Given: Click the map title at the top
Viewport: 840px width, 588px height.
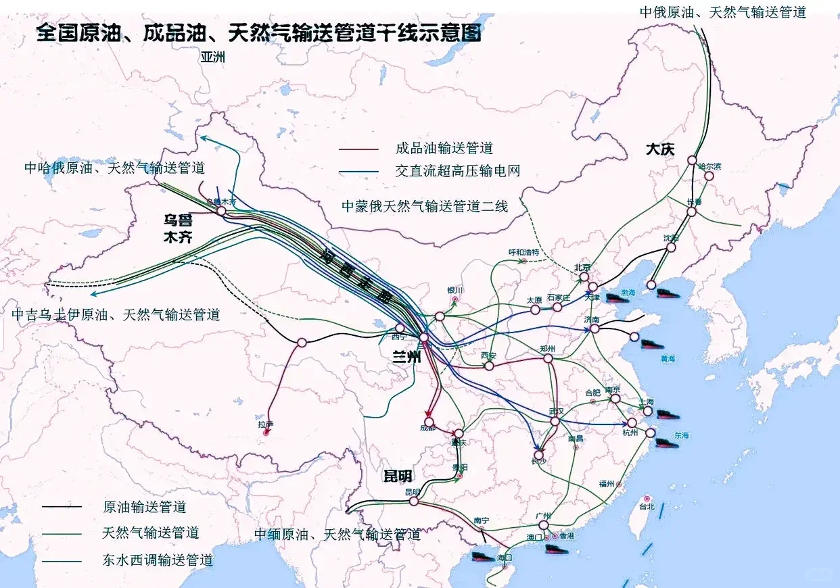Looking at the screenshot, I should [x=260, y=32].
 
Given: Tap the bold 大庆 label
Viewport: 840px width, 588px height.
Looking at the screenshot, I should [x=659, y=149].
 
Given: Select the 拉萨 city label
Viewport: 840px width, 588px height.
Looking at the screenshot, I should [x=265, y=424].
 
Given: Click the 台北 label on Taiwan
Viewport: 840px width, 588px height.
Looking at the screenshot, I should [x=647, y=506].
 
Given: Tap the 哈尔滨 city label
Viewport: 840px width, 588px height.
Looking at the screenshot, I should [x=710, y=166].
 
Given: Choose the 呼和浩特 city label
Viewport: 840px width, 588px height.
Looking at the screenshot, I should [x=524, y=252].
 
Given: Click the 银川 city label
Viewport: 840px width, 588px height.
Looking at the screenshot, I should [x=455, y=291].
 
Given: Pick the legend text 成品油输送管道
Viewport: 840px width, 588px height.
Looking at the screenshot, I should [x=444, y=149].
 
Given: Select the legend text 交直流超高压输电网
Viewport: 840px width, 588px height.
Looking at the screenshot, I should [x=458, y=171].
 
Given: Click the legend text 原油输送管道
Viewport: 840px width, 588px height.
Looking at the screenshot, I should [x=144, y=506].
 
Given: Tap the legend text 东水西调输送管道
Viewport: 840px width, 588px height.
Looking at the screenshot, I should [x=158, y=560].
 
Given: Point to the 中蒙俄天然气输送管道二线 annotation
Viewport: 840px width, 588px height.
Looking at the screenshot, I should [x=424, y=206].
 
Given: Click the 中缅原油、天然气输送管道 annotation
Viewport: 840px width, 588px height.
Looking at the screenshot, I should [x=337, y=534].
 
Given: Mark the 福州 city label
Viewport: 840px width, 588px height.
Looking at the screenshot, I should [x=606, y=484].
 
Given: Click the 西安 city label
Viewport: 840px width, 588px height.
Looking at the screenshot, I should [x=489, y=355].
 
